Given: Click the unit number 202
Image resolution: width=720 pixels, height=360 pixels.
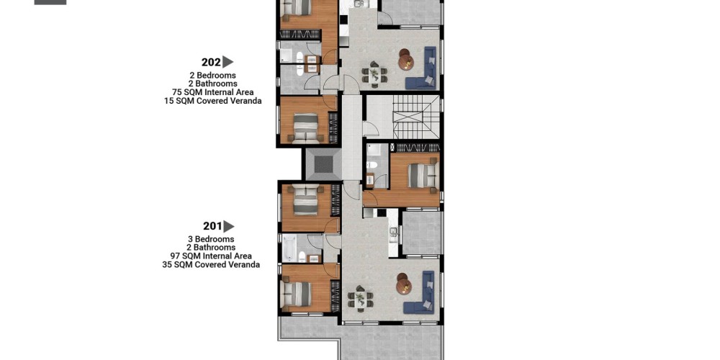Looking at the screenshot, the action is point(211,63).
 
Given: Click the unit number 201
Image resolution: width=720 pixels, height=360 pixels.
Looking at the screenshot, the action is point(212,226).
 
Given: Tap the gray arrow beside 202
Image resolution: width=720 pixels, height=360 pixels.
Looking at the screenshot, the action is point(228,62).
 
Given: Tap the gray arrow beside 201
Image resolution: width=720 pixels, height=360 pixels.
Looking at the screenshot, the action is point(229,226).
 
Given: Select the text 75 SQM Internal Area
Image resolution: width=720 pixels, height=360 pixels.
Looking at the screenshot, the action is point(212,92).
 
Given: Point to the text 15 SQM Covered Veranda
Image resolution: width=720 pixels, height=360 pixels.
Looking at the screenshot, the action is point(212,101).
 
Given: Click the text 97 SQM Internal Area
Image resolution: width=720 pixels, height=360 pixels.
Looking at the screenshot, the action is point(211,256).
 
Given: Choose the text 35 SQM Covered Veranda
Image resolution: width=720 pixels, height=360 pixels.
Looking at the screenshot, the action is point(211,265).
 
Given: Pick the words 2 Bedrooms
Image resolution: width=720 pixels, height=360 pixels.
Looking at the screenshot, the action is point(212,76).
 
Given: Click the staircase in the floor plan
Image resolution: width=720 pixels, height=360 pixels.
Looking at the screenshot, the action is point(410,117).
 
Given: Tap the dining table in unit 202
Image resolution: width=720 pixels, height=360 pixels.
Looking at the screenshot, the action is point(374,74).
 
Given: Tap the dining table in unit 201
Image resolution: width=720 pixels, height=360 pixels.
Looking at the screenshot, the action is point(360,299).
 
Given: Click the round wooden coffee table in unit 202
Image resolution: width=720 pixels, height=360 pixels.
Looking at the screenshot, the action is point(405,59).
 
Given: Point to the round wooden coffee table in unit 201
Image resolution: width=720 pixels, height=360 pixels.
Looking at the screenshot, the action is point(404,284).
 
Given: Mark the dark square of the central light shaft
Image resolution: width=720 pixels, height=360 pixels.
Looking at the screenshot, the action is point(324,164).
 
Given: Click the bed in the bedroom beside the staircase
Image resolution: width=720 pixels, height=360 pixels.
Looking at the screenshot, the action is point(423,176).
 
